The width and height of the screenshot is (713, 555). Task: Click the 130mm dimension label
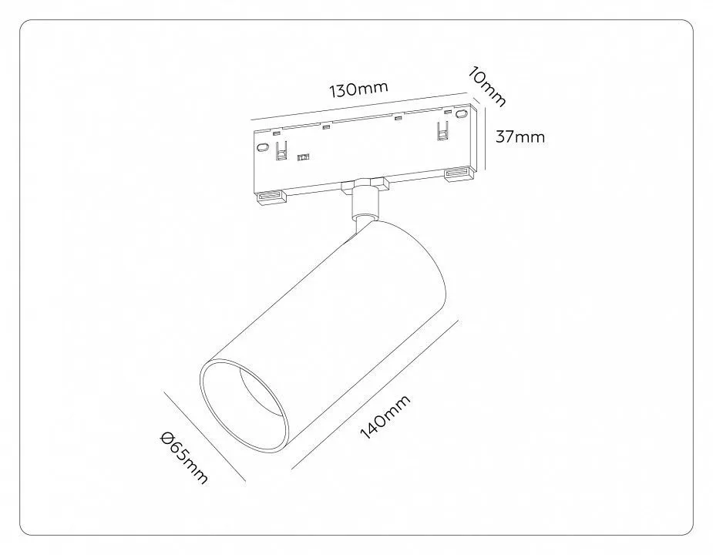coord(358,89)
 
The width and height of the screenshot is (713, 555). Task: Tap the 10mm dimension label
coord(487,87)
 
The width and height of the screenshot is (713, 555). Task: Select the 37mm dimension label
coord(520,136)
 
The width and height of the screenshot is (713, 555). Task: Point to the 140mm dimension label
coord(385,417)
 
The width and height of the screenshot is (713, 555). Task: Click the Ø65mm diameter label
coord(184,457)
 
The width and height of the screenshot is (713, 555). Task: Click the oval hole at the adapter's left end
coord(263,147)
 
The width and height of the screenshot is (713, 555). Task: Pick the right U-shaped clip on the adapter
coord(443,130)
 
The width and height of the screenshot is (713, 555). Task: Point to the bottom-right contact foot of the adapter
coord(459,173)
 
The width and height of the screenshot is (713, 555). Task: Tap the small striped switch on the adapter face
coord(302,157)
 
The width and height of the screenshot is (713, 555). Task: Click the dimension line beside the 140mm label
coord(375,395)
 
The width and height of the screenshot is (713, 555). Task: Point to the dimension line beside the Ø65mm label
coord(204,436)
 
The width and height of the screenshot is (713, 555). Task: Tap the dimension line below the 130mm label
coord(362,108)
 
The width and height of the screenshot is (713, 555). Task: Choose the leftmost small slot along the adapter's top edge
coord(276,134)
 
